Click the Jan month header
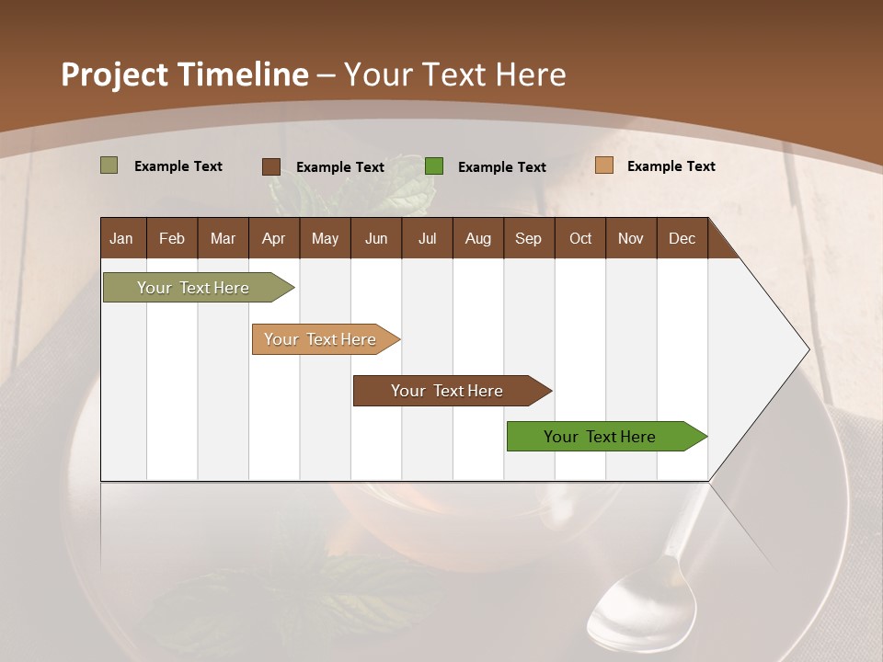121,239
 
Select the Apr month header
273,239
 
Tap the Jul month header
427,239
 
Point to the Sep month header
528,239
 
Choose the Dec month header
682,239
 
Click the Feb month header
172,239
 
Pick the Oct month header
580,239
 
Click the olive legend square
109,165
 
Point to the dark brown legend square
271,166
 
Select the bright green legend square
434,166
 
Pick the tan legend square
603,165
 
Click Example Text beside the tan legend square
671,166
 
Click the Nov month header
631,239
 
